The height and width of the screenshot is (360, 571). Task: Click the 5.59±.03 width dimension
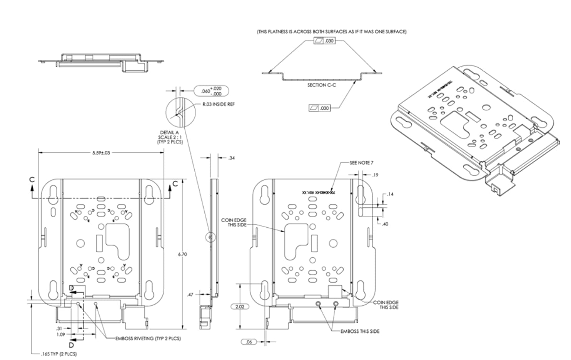101,153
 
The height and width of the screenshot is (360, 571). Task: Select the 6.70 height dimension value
182,254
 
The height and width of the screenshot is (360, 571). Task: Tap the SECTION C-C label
321,85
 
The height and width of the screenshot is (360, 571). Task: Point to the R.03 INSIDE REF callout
219,104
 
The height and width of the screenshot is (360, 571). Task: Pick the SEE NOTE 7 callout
361,163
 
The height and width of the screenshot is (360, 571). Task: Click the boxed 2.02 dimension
240,307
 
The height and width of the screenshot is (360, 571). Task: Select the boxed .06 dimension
249,342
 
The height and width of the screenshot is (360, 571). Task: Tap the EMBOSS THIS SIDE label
360,331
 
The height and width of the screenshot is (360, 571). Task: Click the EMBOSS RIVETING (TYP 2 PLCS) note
148,338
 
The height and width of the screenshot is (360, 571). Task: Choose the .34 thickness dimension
231,158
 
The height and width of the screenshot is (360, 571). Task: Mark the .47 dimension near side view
190,295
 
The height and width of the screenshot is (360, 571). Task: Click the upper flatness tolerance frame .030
324,40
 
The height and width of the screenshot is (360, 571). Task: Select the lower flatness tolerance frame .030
319,108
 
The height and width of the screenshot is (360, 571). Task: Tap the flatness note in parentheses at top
332,32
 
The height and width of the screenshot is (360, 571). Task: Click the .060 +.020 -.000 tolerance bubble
212,91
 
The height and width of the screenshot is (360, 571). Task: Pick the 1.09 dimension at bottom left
61,334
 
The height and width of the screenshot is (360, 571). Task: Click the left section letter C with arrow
32,180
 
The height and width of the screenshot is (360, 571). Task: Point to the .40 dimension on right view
385,224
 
